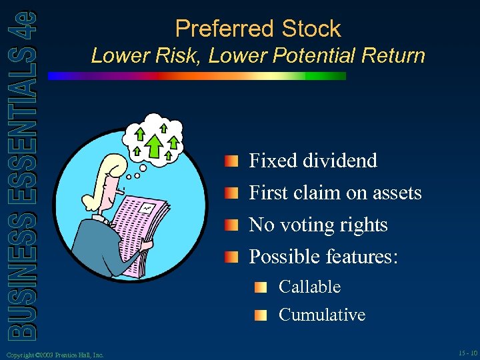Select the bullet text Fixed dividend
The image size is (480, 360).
click(x=313, y=161)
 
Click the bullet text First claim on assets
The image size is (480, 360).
click(x=335, y=193)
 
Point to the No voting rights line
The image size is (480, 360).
click(x=318, y=225)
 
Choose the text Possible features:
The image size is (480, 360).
click(x=323, y=257)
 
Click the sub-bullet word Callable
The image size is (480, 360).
click(x=309, y=287)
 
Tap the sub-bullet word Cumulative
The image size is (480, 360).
click(x=321, y=315)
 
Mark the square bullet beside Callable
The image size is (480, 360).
click(x=261, y=288)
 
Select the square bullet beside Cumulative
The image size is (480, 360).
click(x=261, y=315)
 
